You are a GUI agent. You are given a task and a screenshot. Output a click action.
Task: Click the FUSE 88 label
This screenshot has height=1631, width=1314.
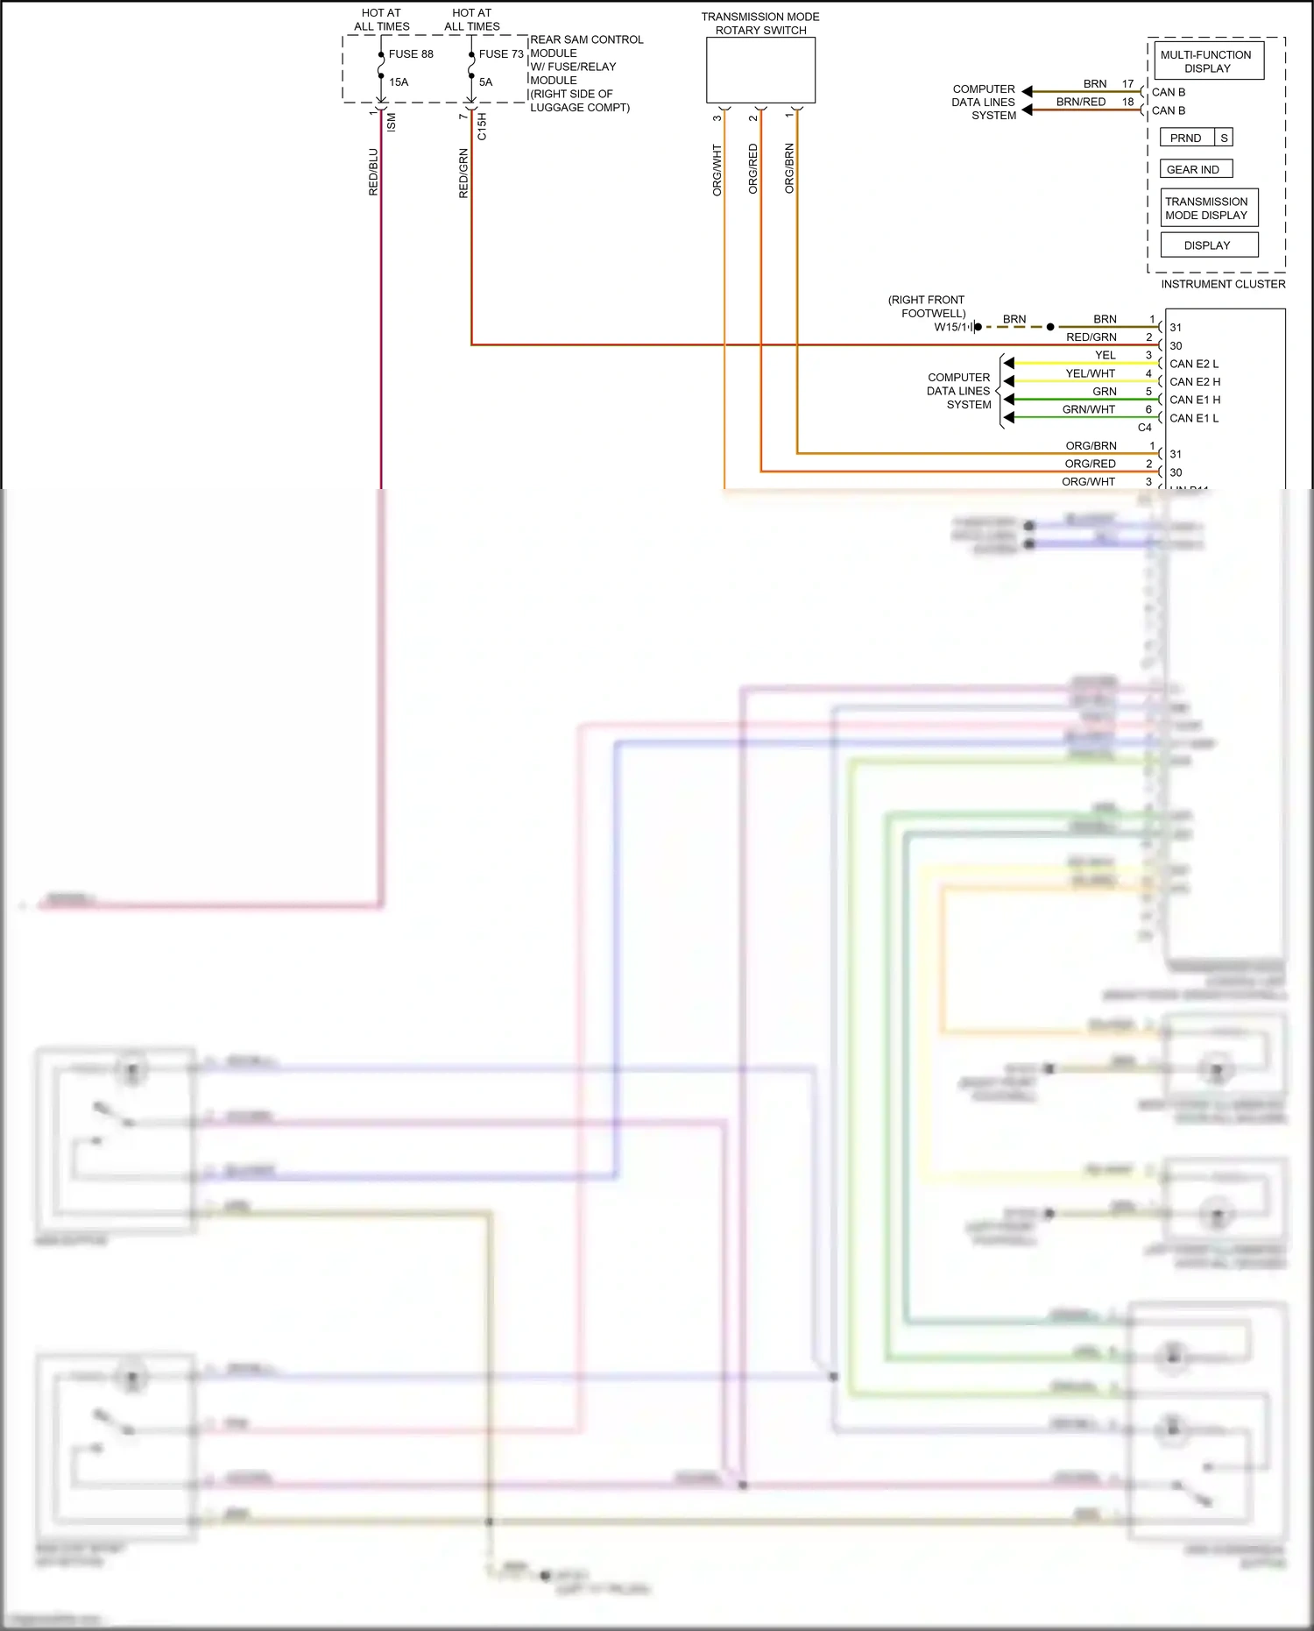click(x=411, y=54)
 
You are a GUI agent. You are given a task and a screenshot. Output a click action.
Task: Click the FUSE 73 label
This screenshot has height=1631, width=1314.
click(x=501, y=54)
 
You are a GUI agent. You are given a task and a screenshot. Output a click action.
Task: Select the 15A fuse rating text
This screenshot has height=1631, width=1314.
click(x=399, y=82)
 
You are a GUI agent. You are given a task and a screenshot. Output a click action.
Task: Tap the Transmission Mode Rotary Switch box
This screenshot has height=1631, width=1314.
click(x=760, y=71)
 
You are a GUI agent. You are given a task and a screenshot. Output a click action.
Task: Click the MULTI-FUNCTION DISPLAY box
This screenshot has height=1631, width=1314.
click(x=1207, y=61)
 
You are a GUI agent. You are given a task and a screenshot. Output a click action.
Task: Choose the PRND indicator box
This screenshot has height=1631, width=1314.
click(x=1186, y=138)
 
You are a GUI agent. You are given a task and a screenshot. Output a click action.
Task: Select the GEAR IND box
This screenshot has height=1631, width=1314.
click(x=1195, y=170)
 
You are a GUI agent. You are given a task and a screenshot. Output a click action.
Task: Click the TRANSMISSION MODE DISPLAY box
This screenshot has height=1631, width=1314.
click(x=1208, y=209)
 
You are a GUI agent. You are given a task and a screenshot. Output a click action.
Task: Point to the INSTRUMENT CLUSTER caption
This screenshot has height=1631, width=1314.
click(x=1223, y=284)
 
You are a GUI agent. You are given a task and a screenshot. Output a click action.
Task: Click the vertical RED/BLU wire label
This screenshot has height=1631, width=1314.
click(x=373, y=172)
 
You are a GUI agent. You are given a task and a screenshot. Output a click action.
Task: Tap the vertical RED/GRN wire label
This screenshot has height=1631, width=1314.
click(x=463, y=174)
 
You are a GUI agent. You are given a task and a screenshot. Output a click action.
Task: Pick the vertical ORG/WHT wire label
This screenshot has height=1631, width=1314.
click(x=717, y=170)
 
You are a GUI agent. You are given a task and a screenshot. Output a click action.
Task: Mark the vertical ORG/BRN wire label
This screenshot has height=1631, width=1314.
click(x=789, y=168)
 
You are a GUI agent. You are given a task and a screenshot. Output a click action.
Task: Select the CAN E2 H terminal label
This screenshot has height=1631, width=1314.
click(x=1195, y=382)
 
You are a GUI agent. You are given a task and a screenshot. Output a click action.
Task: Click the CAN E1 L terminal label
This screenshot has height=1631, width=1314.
click(x=1194, y=419)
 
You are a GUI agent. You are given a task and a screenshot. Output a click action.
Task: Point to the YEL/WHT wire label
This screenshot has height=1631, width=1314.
click(x=1090, y=373)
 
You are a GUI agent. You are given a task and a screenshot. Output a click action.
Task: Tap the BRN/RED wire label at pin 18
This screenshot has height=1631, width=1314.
click(x=1081, y=103)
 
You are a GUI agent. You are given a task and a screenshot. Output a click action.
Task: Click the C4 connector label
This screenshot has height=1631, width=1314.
click(x=1144, y=428)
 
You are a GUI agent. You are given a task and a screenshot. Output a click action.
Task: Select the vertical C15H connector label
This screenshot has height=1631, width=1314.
click(x=482, y=126)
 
